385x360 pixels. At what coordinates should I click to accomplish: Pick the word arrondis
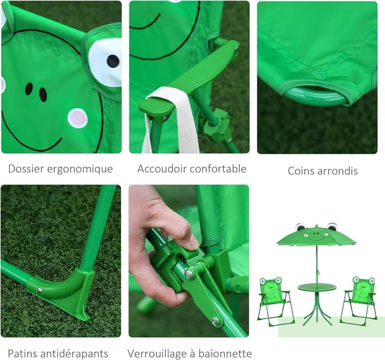tap(339, 171)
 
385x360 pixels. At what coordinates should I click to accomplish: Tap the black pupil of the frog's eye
tap(112, 60)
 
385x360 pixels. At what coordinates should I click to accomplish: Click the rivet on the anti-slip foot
tap(40, 290)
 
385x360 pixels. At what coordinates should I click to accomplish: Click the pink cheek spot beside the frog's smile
tap(77, 117)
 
